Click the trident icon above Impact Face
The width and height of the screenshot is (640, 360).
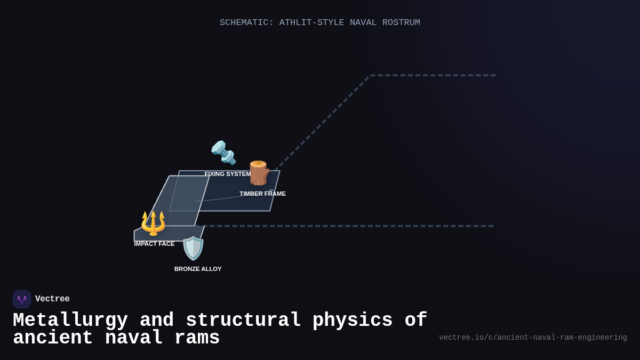point(153,223)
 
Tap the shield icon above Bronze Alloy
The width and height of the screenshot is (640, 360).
point(193,248)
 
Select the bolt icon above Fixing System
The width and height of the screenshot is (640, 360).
point(223,153)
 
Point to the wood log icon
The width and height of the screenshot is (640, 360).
point(259,173)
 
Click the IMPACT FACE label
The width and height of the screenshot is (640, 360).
point(154,244)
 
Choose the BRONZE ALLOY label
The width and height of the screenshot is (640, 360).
point(198,269)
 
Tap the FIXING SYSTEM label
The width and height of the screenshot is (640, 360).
point(227,174)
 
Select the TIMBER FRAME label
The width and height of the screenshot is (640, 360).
point(262,194)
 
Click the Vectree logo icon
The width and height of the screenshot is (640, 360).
point(22,299)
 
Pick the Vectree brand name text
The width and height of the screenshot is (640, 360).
point(52,299)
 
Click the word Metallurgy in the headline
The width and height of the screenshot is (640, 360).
point(70,321)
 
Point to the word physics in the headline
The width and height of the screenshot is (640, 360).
point(358,321)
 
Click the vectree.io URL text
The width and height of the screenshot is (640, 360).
point(533,338)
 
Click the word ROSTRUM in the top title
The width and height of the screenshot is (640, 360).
point(401,22)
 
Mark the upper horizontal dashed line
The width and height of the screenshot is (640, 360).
point(433,75)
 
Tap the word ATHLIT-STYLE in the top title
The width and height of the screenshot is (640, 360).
point(311,22)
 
